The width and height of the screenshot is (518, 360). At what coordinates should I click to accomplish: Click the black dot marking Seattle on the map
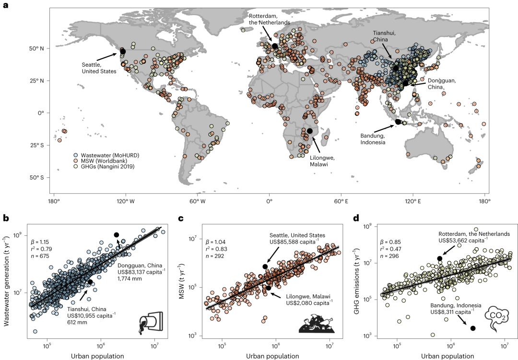(123, 51)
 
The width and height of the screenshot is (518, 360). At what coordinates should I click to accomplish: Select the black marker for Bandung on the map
(398, 121)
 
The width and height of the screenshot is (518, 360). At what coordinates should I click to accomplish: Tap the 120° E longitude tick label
(412, 201)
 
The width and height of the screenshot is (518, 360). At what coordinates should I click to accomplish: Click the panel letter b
(7, 218)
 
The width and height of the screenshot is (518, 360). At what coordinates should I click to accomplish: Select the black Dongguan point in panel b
(116, 234)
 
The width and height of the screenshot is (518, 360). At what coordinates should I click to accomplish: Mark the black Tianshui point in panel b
(90, 282)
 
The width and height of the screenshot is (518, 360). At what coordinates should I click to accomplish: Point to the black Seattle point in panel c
(265, 267)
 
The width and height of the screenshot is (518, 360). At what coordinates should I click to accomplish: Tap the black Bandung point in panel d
(473, 328)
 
